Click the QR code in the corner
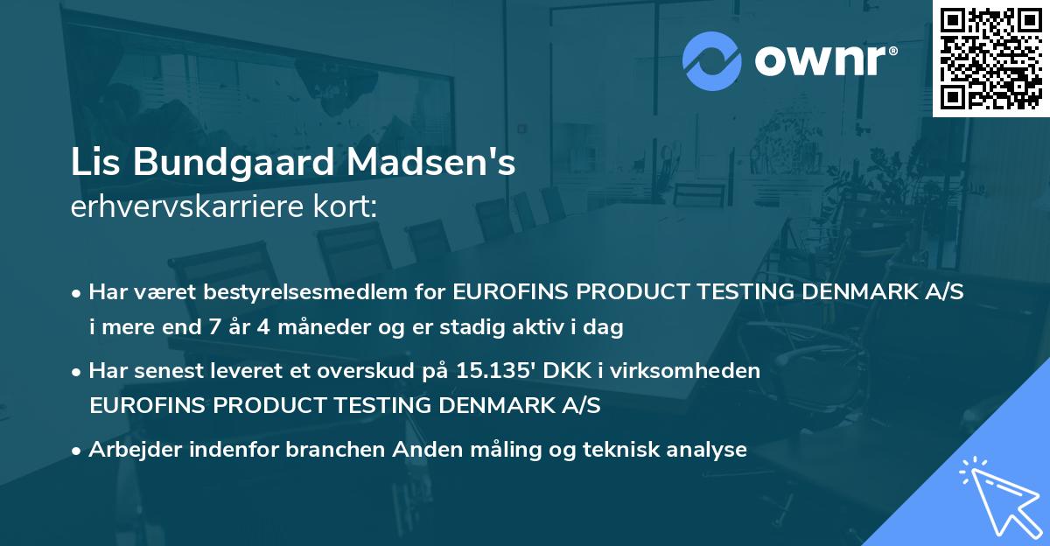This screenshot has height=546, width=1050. [991, 59]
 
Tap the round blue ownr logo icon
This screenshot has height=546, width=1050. [711, 61]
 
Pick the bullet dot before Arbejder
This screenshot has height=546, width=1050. [78, 450]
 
